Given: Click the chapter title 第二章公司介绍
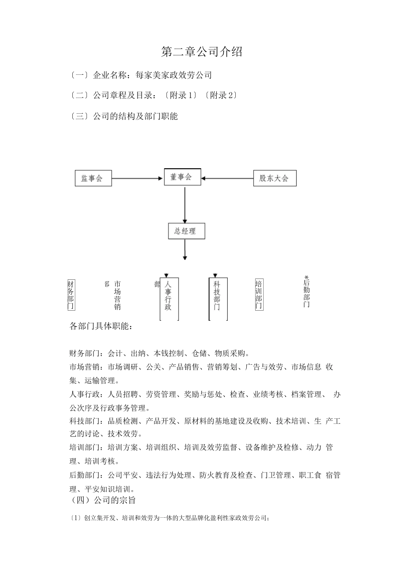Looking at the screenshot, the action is pos(202,52).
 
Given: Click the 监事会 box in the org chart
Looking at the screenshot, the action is pos(93,178).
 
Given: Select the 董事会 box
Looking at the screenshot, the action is pos(182,177).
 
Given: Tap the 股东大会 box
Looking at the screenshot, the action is pos(275,178).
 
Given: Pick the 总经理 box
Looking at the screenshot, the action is pos(186,231).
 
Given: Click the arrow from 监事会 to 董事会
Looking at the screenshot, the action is pos(138,178).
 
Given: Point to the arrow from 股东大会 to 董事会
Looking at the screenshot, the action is pos(227,178).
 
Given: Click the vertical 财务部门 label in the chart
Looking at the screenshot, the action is pos(71,295).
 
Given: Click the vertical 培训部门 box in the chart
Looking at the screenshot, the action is pos(259,295).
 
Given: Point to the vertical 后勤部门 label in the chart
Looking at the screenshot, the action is pos(306,293).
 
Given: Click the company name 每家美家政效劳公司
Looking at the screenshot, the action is pos(173,75).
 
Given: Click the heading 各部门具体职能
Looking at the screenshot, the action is pos(101,326).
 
